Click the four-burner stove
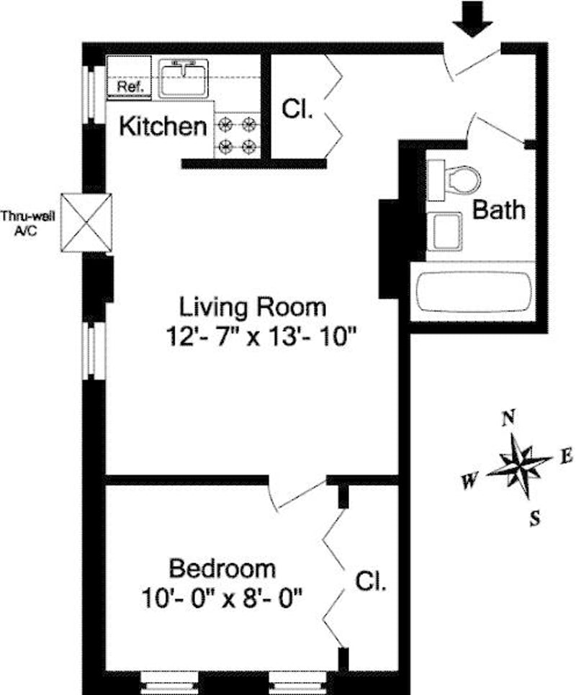tap(238, 135)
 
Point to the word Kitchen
tap(162, 127)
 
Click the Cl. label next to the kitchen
tap(297, 110)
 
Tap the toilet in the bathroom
tap(457, 178)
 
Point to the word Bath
tap(498, 210)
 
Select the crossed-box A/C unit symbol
tap(86, 223)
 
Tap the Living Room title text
tap(253, 307)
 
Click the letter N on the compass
tap(509, 417)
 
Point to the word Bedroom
tap(222, 568)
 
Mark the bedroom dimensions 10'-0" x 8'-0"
tap(222, 596)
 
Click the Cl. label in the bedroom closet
tap(371, 581)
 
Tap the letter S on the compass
tap(534, 518)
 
